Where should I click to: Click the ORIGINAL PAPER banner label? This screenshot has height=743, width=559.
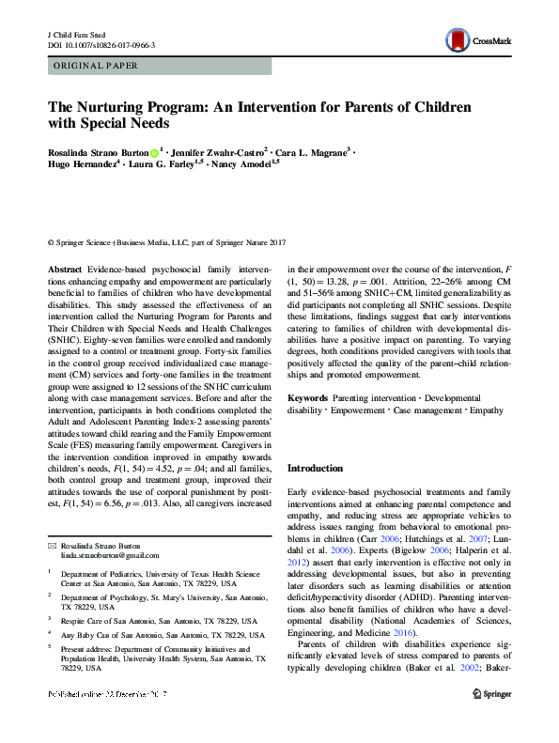(94, 66)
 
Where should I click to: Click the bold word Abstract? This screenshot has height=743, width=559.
(67, 270)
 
